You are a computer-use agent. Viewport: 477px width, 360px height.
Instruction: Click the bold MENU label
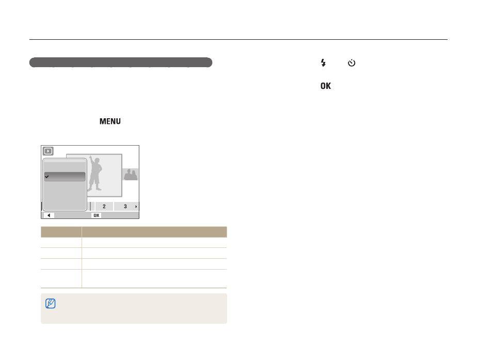coord(110,121)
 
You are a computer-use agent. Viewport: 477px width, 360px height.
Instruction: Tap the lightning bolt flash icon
coord(323,62)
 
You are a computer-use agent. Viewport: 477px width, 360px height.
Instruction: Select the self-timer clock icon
coord(352,62)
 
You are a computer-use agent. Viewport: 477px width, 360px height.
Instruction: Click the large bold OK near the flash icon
coord(326,86)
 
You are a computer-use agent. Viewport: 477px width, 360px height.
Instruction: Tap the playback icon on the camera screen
coord(48,151)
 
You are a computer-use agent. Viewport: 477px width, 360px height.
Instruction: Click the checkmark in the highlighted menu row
coord(47,177)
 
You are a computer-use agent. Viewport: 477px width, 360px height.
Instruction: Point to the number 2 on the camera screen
coord(104,206)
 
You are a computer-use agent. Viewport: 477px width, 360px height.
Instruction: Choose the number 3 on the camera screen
coord(125,206)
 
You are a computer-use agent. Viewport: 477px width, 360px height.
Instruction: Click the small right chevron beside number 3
coord(136,207)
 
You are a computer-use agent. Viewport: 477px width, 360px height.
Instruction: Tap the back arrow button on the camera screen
coord(49,215)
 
